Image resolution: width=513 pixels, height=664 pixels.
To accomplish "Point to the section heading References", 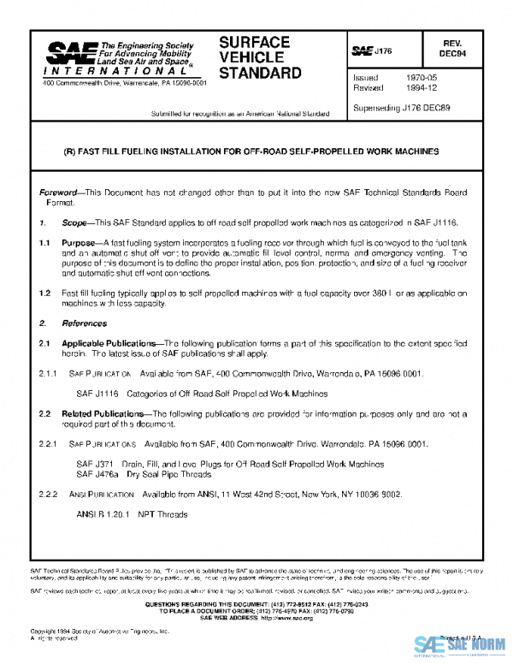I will pyautogui.click(x=84, y=324).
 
